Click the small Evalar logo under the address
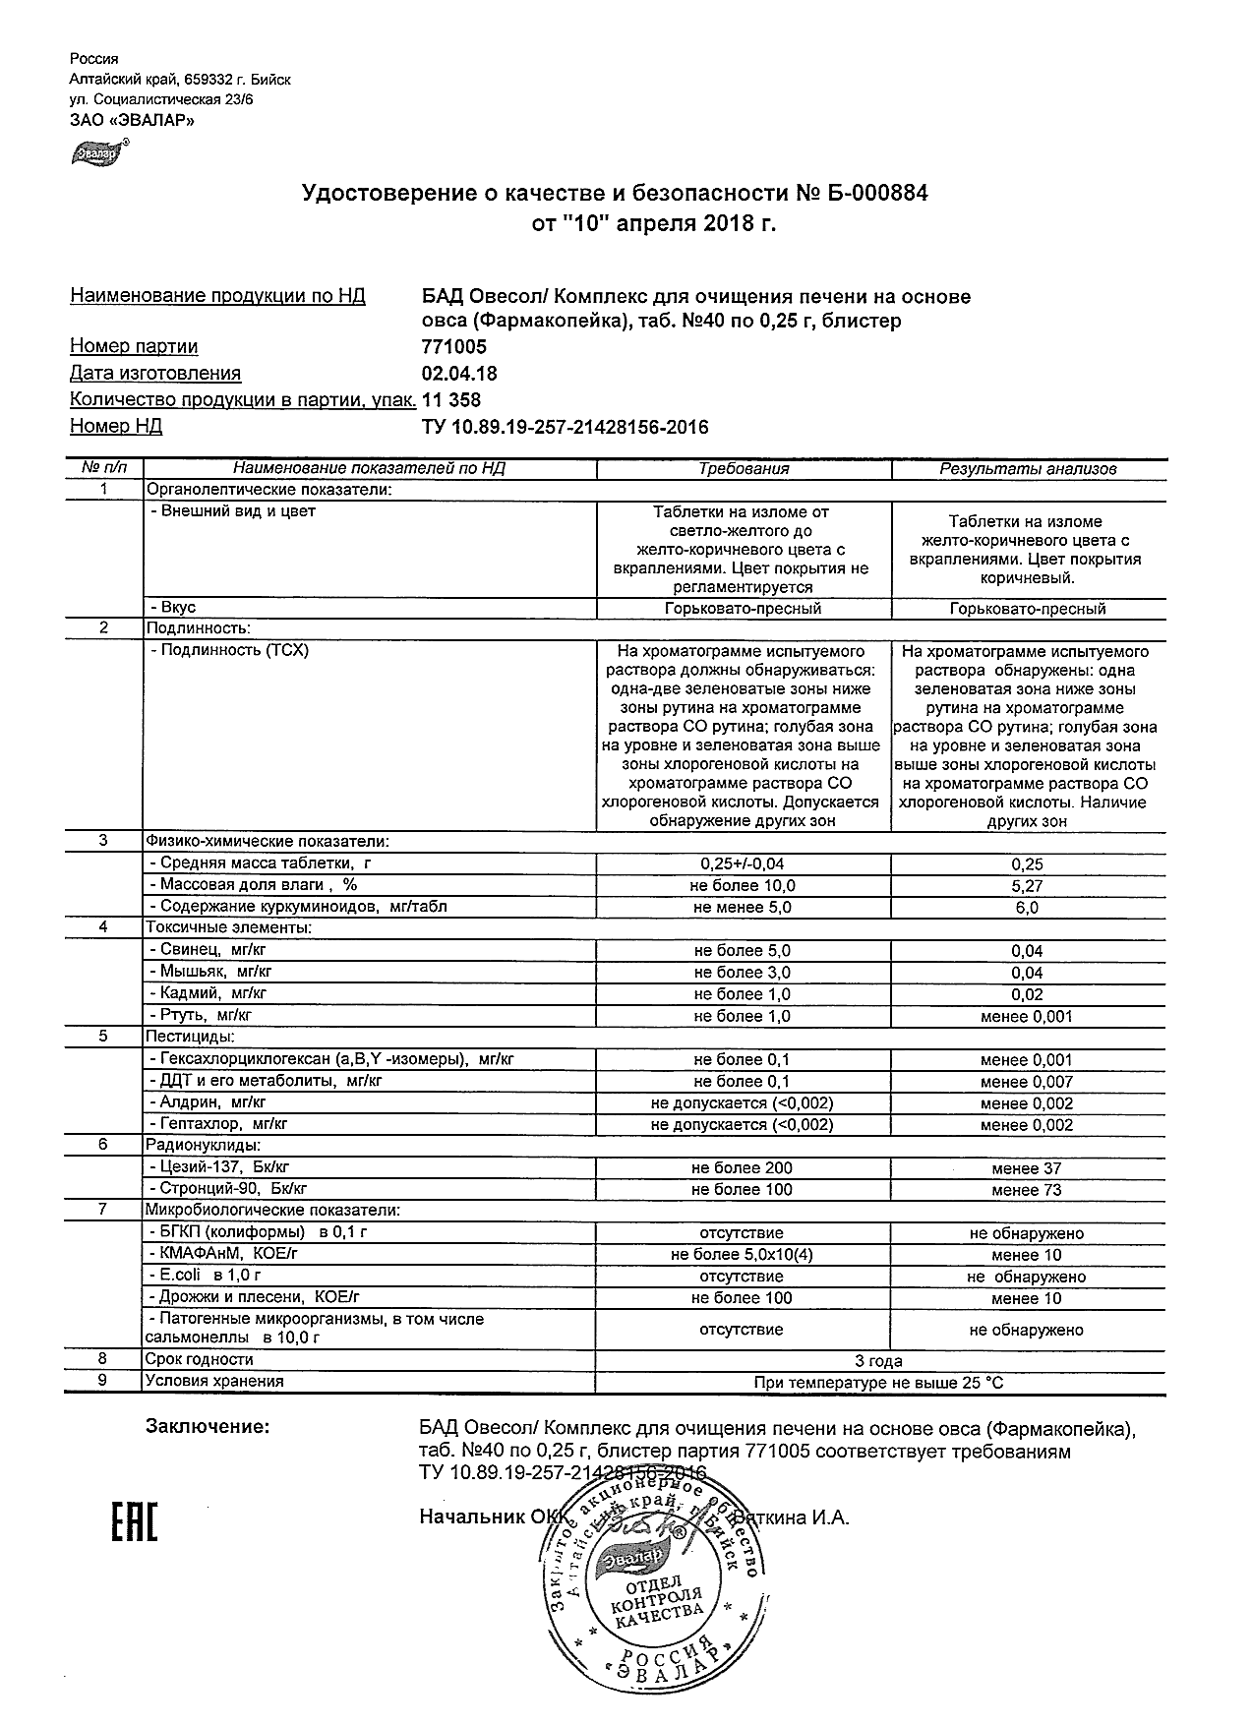click(96, 153)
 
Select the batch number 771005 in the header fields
click(453, 347)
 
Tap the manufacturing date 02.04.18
click(459, 374)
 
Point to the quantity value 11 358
click(451, 399)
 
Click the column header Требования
click(744, 469)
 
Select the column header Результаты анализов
click(1028, 469)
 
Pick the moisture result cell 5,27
click(1027, 886)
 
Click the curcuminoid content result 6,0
click(1027, 908)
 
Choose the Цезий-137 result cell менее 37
click(1027, 1168)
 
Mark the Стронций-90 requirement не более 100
click(742, 1190)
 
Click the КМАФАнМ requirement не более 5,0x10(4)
click(742, 1255)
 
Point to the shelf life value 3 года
click(878, 1361)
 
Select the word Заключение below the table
click(207, 1426)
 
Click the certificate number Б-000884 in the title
click(875, 194)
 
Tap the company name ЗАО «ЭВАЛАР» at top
click(132, 120)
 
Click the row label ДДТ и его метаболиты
click(265, 1081)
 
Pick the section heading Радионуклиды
click(203, 1146)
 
